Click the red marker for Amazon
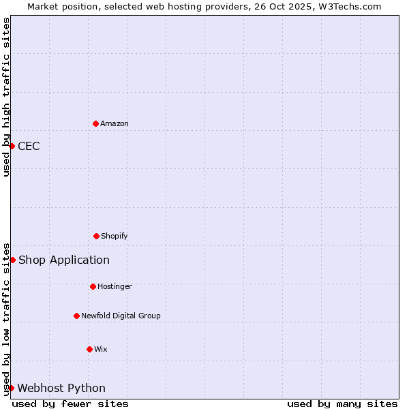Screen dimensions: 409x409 tap(95, 123)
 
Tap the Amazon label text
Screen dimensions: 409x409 tap(115, 123)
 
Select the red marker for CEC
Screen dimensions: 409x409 tap(12, 146)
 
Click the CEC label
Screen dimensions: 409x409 tap(29, 146)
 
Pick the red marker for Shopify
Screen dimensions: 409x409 tap(96, 236)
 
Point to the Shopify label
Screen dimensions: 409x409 tap(115, 236)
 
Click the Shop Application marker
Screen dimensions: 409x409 tap(12, 260)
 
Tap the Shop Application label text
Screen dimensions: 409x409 tap(63, 260)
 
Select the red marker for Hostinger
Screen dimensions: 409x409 tap(93, 286)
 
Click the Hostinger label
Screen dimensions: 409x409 tap(115, 286)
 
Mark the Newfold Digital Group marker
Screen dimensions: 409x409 tap(76, 316)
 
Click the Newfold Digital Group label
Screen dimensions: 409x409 tap(121, 316)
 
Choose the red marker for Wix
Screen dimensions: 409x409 tap(89, 349)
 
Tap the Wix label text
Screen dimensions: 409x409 tap(101, 349)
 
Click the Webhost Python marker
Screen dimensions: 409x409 tap(11, 388)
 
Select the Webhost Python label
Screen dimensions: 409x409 tap(61, 388)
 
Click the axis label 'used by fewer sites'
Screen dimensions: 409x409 tap(70, 404)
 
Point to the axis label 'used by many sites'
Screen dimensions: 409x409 tap(342, 404)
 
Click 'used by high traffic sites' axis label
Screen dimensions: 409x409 tap(6, 97)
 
